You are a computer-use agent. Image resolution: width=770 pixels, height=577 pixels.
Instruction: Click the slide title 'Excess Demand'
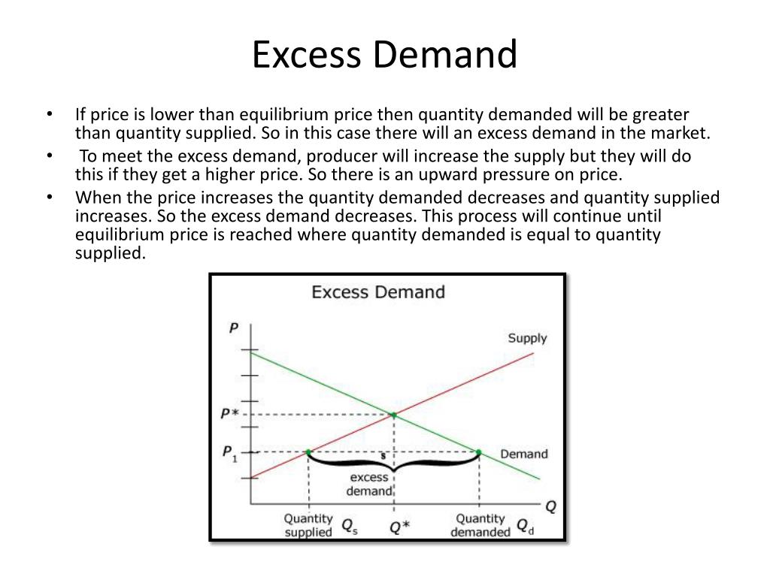click(384, 56)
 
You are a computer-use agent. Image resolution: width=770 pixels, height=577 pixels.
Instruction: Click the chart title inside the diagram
click(378, 292)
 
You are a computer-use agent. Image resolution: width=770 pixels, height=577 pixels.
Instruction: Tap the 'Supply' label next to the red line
click(527, 338)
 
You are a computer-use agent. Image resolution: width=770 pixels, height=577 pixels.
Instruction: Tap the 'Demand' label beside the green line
click(524, 454)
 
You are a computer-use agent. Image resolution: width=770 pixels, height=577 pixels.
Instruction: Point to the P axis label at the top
click(234, 328)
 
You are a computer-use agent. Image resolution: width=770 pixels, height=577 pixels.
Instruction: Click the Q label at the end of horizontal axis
click(550, 506)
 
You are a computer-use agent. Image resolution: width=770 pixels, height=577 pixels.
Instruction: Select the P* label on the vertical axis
click(230, 414)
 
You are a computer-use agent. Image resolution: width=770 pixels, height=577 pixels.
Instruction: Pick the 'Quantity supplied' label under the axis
click(308, 525)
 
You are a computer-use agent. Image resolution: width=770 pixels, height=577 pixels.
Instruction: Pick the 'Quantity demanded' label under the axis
click(480, 525)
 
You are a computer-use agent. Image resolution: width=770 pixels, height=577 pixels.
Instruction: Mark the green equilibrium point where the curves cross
click(393, 414)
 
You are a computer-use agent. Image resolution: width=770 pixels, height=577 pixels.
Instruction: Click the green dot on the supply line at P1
click(308, 452)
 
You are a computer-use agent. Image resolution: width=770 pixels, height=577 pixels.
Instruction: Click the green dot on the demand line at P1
click(479, 452)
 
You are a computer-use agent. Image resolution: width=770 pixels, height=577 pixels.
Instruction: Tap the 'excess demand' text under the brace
click(368, 484)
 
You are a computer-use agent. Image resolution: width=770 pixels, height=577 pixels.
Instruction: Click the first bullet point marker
click(50, 115)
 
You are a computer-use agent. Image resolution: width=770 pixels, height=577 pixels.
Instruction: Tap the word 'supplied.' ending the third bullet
click(109, 253)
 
